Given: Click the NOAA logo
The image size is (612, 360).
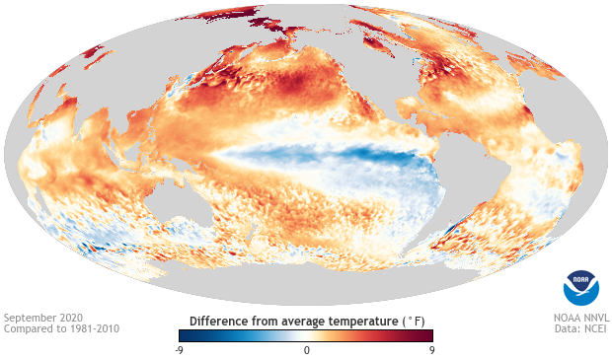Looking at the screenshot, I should tap(580, 286).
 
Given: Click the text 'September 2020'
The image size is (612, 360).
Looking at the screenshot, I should tap(42, 318).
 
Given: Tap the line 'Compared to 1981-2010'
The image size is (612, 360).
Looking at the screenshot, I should tap(62, 328).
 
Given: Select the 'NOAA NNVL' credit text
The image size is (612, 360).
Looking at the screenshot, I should tap(579, 318).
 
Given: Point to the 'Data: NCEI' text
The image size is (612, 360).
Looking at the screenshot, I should tap(582, 328).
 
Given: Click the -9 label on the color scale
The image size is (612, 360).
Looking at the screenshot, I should tap(178, 350).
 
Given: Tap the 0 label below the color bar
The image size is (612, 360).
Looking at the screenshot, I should tap(306, 350).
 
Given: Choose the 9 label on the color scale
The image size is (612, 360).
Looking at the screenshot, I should tap(432, 350).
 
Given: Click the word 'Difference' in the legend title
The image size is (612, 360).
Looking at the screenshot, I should tap(220, 321).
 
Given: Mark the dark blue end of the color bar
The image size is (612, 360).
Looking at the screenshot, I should tap(182, 335).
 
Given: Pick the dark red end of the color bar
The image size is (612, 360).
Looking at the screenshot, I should tap(429, 335).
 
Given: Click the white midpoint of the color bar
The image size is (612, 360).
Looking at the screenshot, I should tap(306, 335).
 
